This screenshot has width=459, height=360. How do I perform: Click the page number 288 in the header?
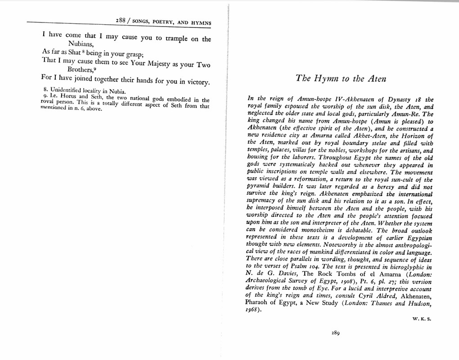[121, 21]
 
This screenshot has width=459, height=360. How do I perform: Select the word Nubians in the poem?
[81, 44]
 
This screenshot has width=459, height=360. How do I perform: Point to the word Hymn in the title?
[326, 79]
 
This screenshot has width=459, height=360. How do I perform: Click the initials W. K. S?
[422, 319]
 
